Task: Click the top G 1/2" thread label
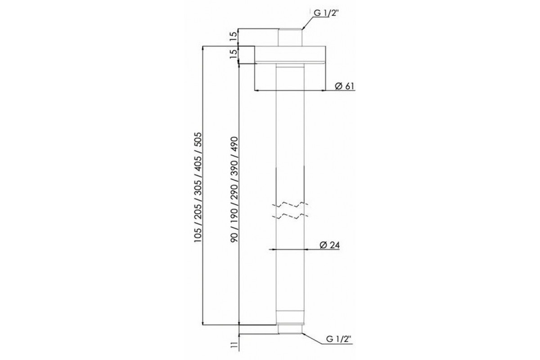point(326,13)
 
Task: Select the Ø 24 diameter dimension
point(329,245)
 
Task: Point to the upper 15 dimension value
point(234,37)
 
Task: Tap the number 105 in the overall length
point(198,235)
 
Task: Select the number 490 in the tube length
point(234,144)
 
